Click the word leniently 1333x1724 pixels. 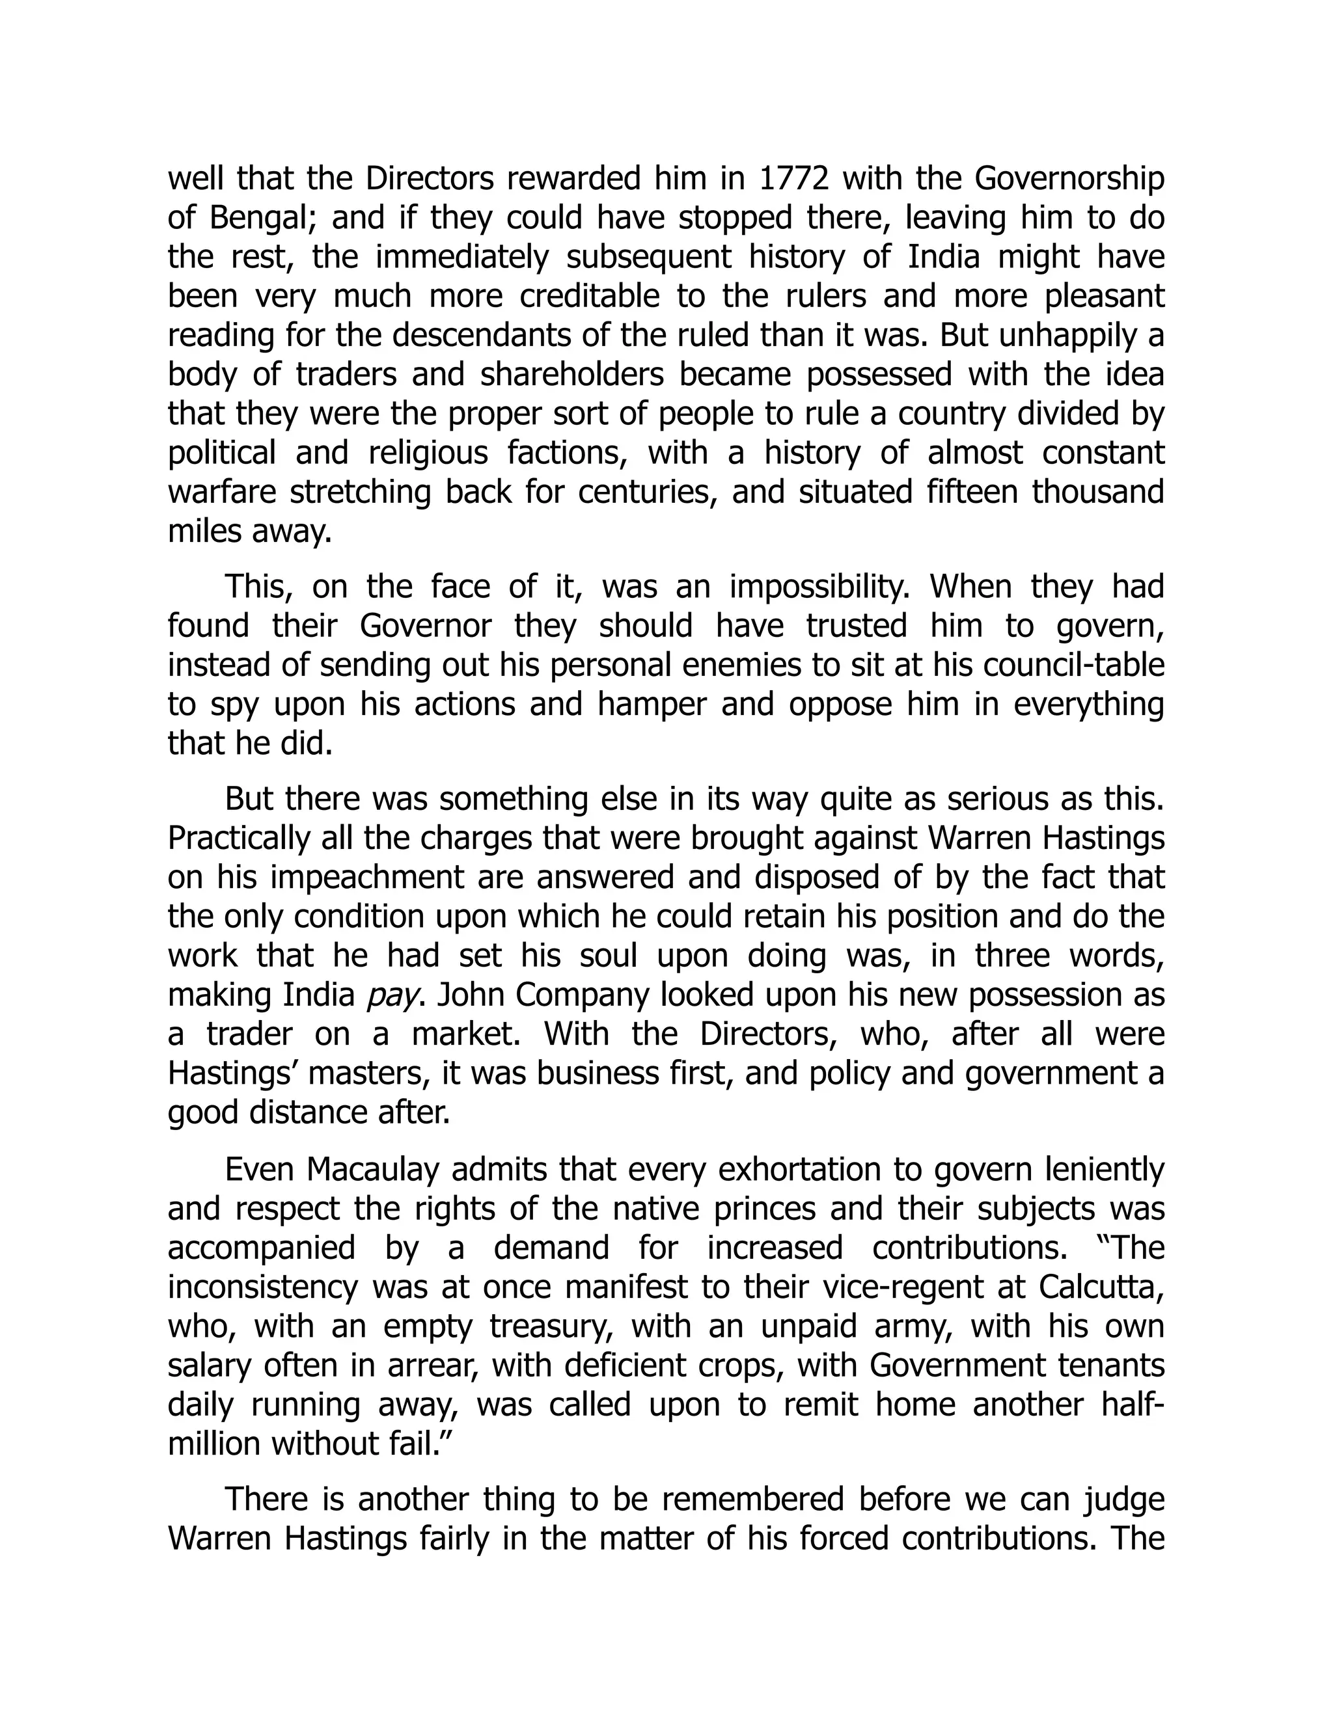coord(1104,1169)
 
